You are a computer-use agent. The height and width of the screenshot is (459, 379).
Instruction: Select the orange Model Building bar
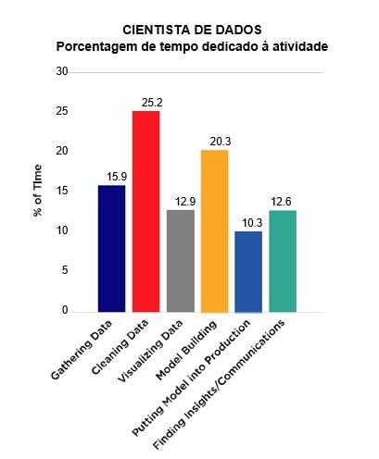214,230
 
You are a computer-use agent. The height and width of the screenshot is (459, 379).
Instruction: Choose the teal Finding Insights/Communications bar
283,261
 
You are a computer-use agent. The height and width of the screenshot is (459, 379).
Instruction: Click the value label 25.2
145,103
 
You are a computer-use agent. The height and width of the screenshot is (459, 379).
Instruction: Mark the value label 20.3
214,142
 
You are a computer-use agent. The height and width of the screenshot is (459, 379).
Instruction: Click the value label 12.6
283,203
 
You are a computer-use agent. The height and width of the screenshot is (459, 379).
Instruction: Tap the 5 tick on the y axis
64,270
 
